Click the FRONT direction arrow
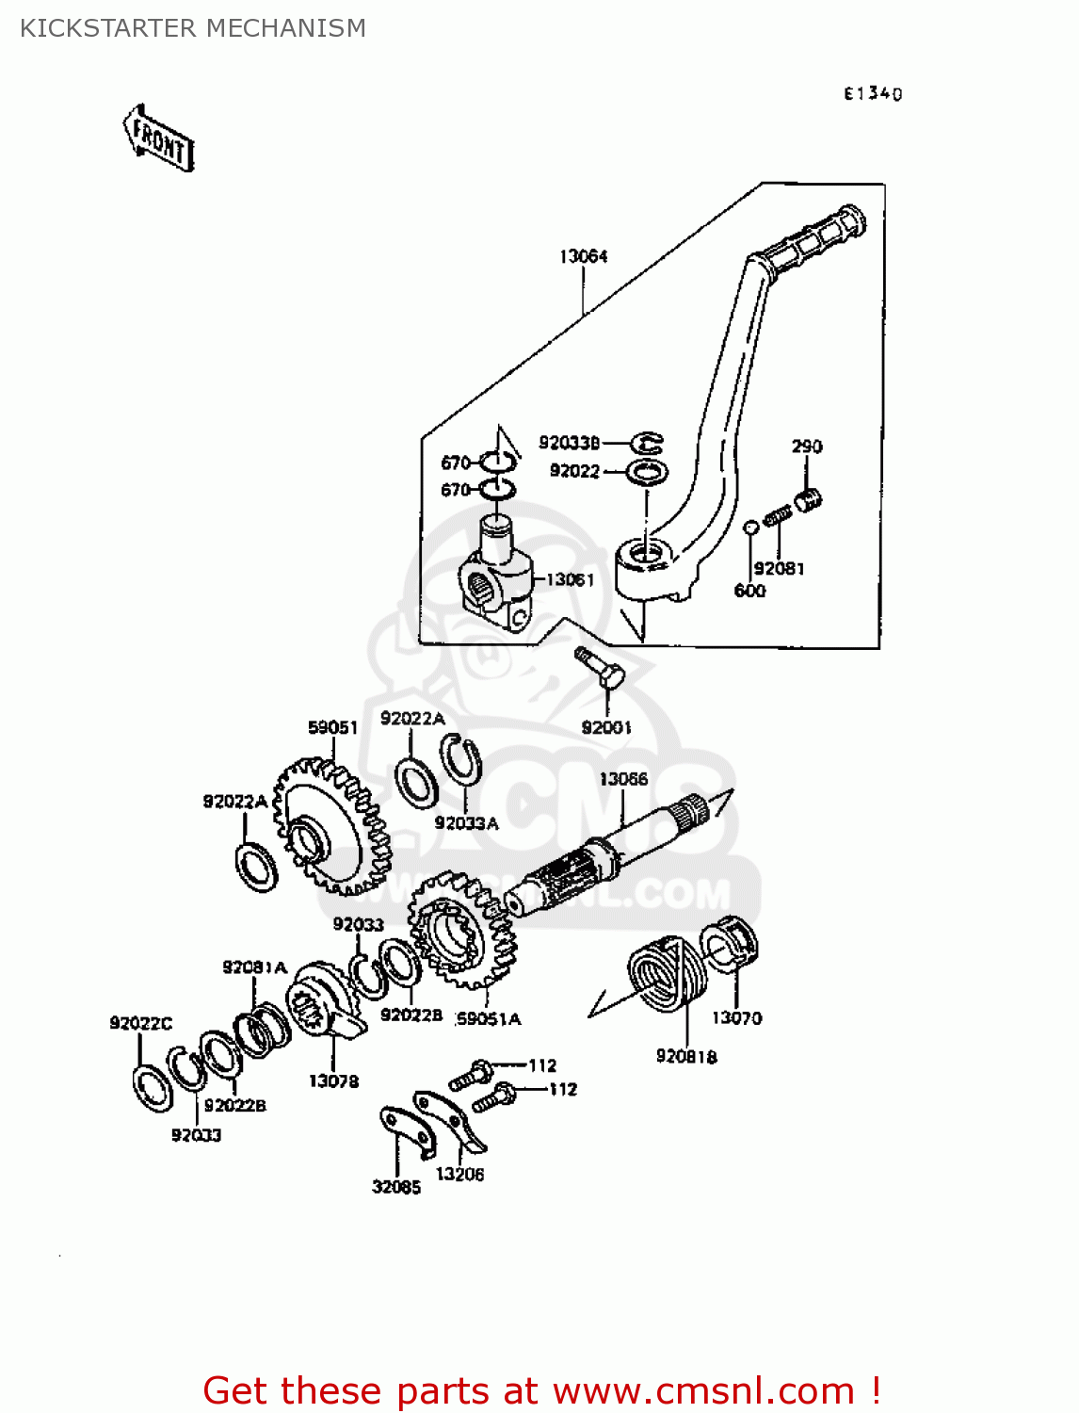click(159, 138)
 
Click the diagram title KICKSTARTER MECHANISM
click(193, 28)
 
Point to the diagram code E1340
click(872, 93)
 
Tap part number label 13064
click(583, 256)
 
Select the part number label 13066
click(623, 779)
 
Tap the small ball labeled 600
click(750, 528)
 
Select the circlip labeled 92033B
click(647, 442)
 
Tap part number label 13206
click(459, 1174)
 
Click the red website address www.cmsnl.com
click(703, 1390)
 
